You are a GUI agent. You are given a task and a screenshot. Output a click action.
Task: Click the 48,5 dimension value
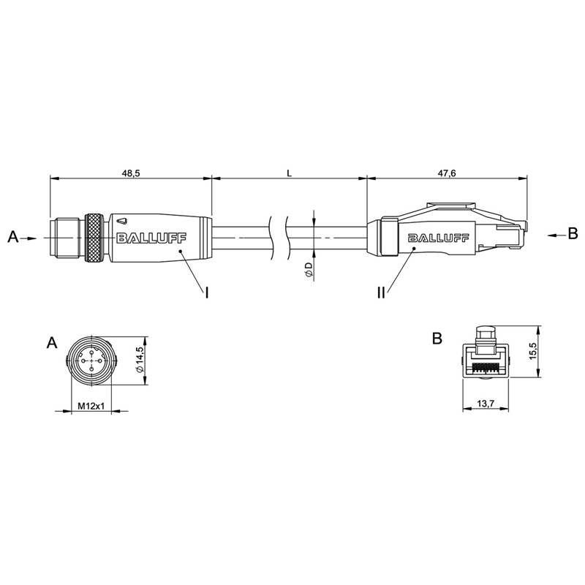pos(131,173)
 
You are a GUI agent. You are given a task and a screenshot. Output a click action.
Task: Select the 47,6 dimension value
pos(447,173)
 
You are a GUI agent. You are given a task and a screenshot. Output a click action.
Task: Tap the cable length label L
pos(289,173)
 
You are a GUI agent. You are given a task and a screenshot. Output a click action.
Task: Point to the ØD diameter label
pos(309,269)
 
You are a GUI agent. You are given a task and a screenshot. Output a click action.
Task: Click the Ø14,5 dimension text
pos(140,359)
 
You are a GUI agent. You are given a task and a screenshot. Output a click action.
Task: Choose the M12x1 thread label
pos(91,406)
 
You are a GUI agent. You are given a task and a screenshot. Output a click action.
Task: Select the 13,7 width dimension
pos(486,403)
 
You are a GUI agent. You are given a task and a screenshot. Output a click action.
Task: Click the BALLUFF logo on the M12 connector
pos(152,238)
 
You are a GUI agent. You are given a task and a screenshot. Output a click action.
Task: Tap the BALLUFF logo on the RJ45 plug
pos(438,238)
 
